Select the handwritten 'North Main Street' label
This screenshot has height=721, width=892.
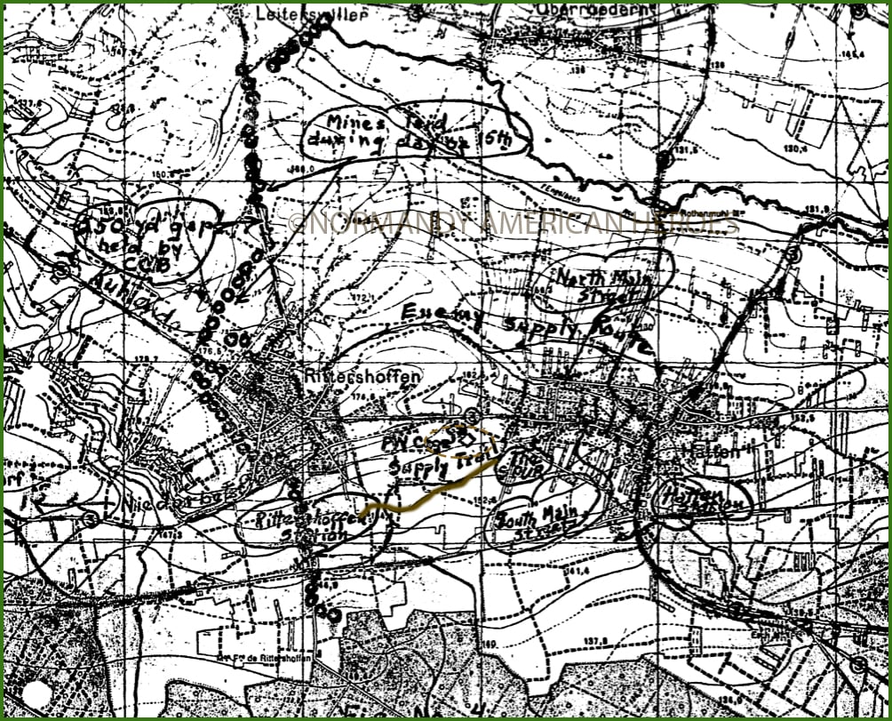603,281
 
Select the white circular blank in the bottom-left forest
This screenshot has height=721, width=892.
37,693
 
